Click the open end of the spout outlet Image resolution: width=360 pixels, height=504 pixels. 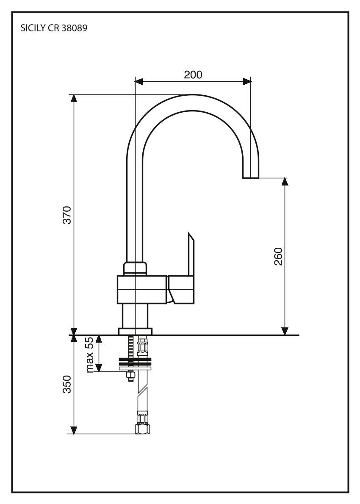tap(251, 177)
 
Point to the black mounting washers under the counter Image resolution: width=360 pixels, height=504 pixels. tap(135, 362)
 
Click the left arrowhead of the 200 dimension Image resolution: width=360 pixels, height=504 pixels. tap(139, 81)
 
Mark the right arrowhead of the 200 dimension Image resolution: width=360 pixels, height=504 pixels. tap(246, 81)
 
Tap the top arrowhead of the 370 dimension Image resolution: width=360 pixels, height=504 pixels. tap(74, 98)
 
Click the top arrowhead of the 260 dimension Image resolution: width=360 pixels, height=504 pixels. tap(285, 181)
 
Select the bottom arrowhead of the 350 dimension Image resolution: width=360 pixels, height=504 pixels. tap(74, 430)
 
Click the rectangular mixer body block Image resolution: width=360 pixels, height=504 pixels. tap(142, 290)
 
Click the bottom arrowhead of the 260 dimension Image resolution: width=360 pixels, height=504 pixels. tap(285, 331)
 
